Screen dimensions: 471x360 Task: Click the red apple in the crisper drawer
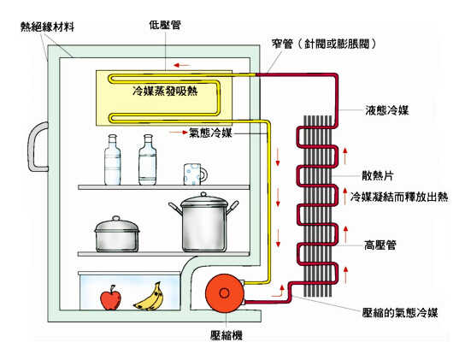[x=110, y=298]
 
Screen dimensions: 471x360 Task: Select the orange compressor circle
[x=224, y=292]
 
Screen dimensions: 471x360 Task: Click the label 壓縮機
[x=227, y=335]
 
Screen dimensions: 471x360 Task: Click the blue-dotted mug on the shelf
[x=195, y=174]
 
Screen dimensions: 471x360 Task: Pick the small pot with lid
[x=117, y=234]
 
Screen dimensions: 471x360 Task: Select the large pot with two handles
[x=203, y=222]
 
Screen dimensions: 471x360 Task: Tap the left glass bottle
[x=113, y=160]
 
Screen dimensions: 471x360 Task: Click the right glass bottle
[x=148, y=160]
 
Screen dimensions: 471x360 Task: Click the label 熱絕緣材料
[x=47, y=27]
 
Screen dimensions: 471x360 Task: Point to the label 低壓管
[x=165, y=25]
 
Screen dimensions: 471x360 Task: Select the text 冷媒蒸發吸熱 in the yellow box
[x=165, y=91]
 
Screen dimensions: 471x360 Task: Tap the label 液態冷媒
[x=387, y=110]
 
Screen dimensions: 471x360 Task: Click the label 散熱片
[x=378, y=176]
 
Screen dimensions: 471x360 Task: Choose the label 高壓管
[x=380, y=245]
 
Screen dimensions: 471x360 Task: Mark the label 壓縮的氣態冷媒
[x=400, y=312]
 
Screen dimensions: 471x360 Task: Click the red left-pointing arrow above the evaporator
[x=182, y=65]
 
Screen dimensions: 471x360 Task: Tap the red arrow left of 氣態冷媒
[x=179, y=132]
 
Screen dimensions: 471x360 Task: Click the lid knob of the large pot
[x=203, y=195]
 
